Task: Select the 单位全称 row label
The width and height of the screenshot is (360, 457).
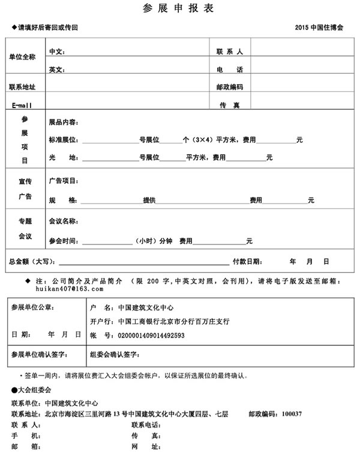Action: point(22,57)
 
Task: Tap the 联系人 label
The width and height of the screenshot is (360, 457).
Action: point(229,52)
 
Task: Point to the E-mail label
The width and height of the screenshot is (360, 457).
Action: point(22,105)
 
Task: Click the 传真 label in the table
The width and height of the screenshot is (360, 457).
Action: point(229,105)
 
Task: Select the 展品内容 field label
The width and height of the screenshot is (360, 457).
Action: point(63,123)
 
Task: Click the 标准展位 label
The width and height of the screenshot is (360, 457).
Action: point(63,140)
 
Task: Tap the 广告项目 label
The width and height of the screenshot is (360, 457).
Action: point(63,181)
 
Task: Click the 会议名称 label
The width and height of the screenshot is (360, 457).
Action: point(63,222)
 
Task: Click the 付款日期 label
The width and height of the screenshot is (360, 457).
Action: point(246,262)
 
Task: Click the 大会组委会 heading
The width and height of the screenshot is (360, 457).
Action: point(30,390)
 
